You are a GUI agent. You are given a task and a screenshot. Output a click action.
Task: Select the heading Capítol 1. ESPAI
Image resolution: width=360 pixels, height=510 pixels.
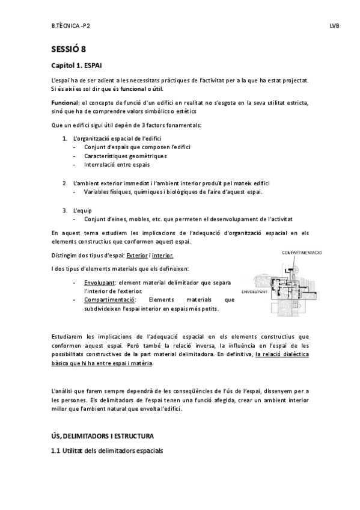click(79, 65)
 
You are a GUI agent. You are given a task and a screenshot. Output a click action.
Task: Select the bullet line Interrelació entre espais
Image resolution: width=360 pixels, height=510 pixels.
click(117, 164)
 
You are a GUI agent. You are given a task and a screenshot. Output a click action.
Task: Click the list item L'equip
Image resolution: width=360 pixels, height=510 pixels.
click(82, 210)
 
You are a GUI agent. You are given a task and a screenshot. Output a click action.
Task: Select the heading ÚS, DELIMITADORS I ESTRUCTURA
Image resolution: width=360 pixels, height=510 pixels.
click(103, 435)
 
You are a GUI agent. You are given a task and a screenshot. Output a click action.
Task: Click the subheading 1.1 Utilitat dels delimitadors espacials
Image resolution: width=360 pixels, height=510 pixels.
click(107, 450)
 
